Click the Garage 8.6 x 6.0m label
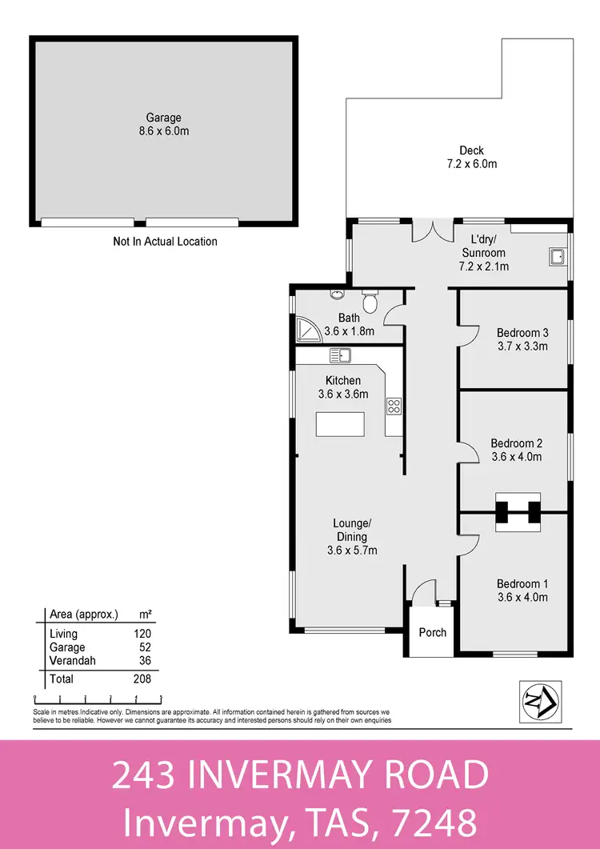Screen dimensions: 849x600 pos(163,124)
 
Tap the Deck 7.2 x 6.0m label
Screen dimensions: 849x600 pos(471,157)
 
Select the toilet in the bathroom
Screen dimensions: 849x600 pos(370,302)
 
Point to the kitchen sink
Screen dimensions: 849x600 pos(340,354)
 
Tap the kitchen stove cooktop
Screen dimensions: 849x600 pos(394,406)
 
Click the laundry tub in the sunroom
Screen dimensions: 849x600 pos(556,256)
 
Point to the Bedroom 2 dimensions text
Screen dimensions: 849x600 pos(517,457)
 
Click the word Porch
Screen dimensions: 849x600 pos(433,632)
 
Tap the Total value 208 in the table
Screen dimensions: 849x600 pos(142,679)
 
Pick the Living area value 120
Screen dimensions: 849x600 pos(142,633)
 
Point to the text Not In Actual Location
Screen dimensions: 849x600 pos(165,241)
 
